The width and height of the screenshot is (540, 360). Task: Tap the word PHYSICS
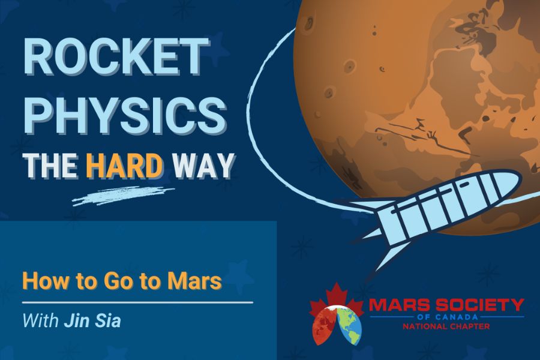(x=125, y=114)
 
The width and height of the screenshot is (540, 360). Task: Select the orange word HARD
(x=124, y=165)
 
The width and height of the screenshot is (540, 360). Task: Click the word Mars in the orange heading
(x=194, y=281)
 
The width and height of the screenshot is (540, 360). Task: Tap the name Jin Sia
(x=92, y=320)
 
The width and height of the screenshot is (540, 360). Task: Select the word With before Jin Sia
(x=41, y=320)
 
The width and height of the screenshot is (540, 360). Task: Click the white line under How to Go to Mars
(x=138, y=303)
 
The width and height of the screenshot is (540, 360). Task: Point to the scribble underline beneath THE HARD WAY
(x=123, y=196)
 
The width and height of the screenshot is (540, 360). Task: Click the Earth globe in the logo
(x=349, y=326)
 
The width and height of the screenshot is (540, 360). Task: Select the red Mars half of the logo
(x=324, y=326)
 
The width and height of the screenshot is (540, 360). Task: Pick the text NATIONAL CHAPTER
(x=446, y=326)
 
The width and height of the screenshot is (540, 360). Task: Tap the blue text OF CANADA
(x=446, y=317)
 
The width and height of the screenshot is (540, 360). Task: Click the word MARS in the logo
(x=400, y=305)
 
